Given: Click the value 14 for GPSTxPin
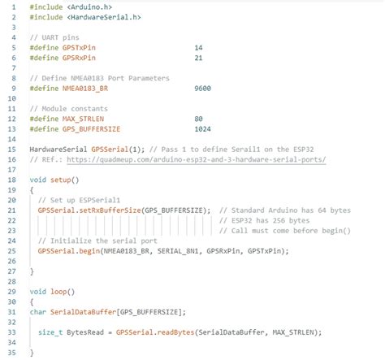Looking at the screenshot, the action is pyautogui.click(x=198, y=48).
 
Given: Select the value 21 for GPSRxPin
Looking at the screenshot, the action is pyautogui.click(x=198, y=58).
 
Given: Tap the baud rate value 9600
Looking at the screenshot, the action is pyautogui.click(x=202, y=89).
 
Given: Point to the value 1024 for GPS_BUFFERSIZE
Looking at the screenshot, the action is pyautogui.click(x=202, y=129).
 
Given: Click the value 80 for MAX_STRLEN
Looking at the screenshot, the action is pyautogui.click(x=198, y=119).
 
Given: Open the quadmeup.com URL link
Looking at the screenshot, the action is pyautogui.click(x=197, y=159).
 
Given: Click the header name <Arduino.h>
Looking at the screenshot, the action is pyautogui.click(x=89, y=7).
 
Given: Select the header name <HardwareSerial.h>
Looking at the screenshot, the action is pyautogui.click(x=104, y=17).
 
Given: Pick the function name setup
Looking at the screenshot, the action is pyautogui.click(x=60, y=180).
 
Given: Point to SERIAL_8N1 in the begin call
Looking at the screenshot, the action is pyautogui.click(x=178, y=251).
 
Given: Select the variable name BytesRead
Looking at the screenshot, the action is pyautogui.click(x=85, y=332).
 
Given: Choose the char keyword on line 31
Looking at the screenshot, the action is pyautogui.click(x=38, y=312).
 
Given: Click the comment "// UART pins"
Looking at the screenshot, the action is pyautogui.click(x=54, y=37).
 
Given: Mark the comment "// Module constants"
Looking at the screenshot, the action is pyautogui.click(x=69, y=109).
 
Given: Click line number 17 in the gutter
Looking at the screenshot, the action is pyautogui.click(x=11, y=170).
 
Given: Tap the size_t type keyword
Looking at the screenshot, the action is pyautogui.click(x=50, y=332).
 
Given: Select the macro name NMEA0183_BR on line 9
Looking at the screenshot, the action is pyautogui.click(x=85, y=89).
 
